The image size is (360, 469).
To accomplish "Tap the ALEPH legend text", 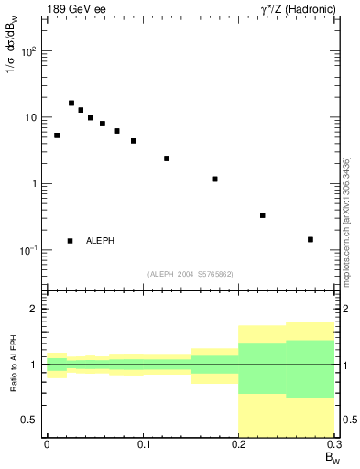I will (x=100, y=241).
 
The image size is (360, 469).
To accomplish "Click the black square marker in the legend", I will (x=70, y=241).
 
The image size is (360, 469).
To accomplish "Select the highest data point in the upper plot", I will (x=71, y=103).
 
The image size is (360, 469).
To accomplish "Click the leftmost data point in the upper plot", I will (x=57, y=136).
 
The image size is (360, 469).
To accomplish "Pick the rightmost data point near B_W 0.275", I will (x=311, y=240).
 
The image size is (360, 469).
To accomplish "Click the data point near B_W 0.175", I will (x=214, y=180).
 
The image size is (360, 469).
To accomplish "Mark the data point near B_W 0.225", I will (x=263, y=215).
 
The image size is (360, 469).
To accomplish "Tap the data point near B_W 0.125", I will (x=167, y=158).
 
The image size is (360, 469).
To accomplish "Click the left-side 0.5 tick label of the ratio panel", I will (x=29, y=420).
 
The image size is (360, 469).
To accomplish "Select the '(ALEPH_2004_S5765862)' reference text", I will (x=191, y=274).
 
